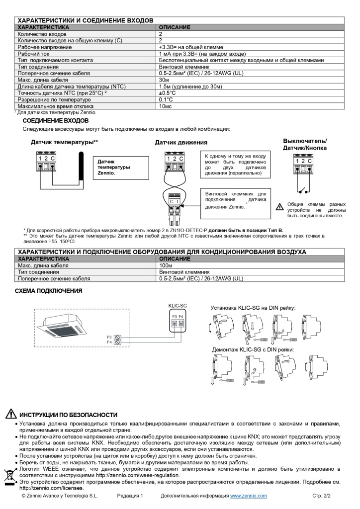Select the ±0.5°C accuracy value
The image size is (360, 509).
(x=167, y=92)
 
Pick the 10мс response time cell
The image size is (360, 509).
(x=165, y=106)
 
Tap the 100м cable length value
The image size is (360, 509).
(x=165, y=265)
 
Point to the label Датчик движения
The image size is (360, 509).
(x=177, y=143)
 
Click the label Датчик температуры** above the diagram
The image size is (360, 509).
(x=64, y=142)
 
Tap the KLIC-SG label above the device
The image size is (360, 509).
(x=178, y=305)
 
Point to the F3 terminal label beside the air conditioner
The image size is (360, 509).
(x=109, y=337)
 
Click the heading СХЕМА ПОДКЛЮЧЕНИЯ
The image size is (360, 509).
(x=49, y=291)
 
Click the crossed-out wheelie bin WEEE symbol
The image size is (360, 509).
(x=9, y=475)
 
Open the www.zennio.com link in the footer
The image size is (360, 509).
(x=248, y=496)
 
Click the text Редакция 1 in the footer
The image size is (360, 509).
(x=130, y=496)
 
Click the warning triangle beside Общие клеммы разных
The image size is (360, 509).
(x=279, y=206)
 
